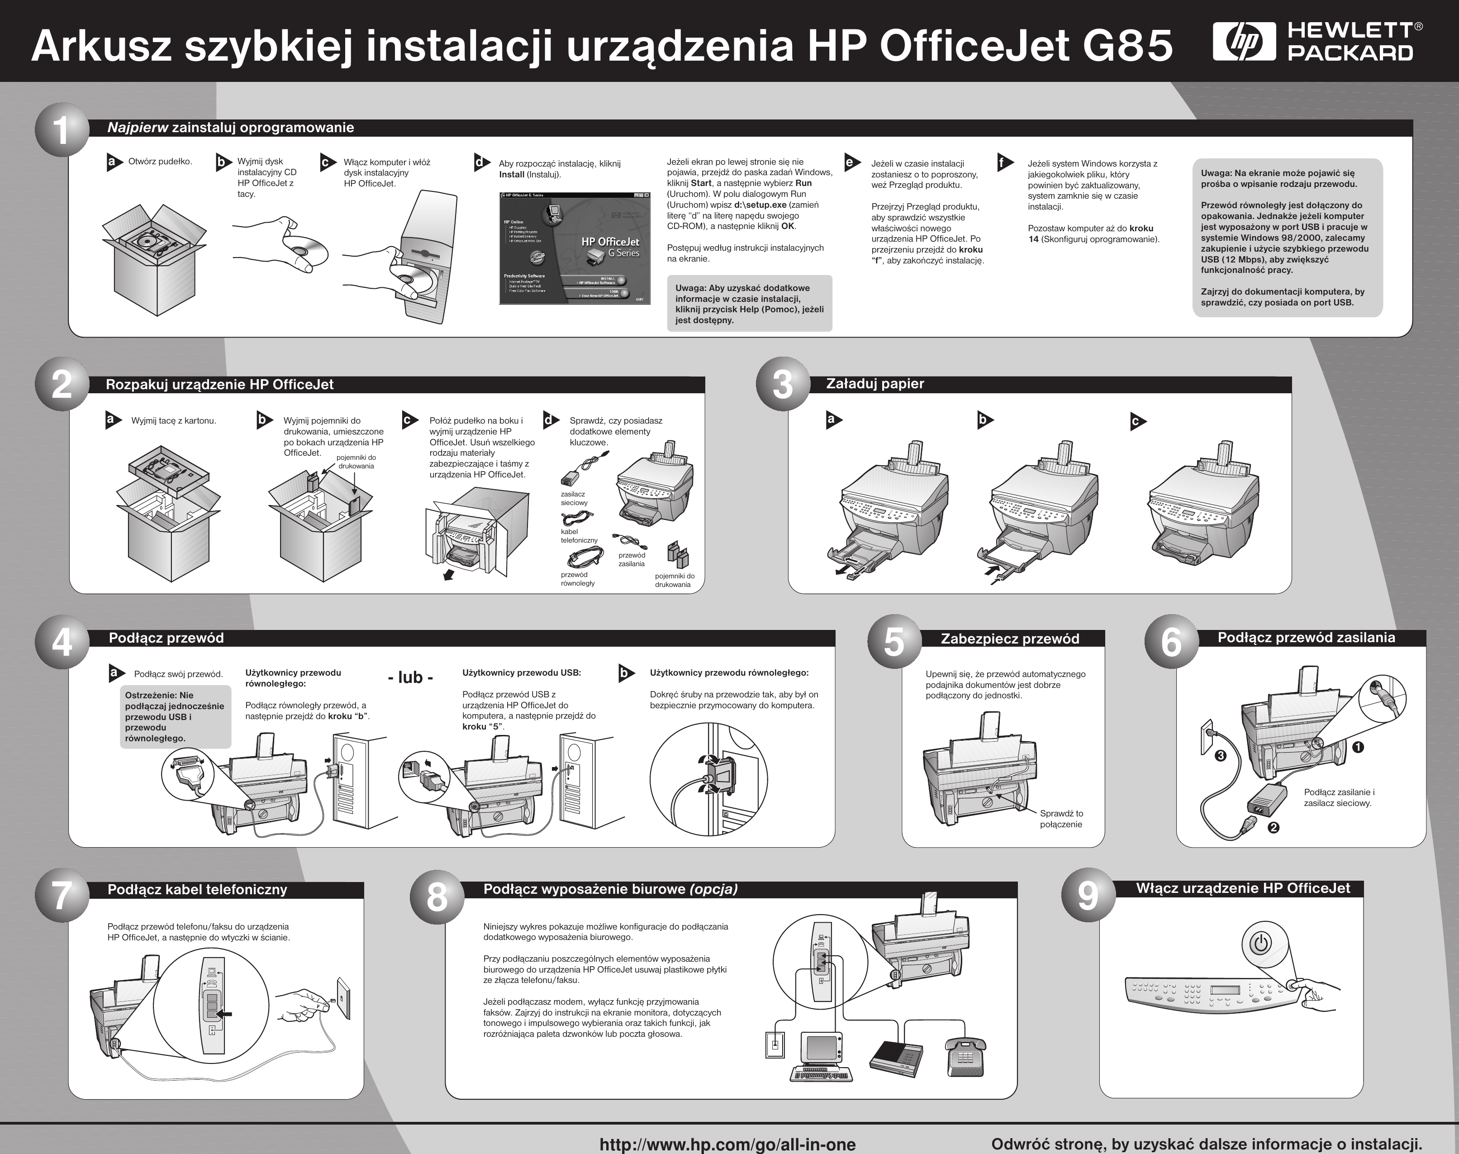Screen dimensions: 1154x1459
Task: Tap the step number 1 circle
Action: tap(62, 130)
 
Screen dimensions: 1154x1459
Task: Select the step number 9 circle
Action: tap(1088, 895)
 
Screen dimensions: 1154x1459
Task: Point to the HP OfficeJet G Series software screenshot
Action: tap(574, 248)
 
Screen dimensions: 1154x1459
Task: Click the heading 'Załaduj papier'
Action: tap(875, 384)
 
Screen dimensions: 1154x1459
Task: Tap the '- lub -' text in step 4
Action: tap(410, 677)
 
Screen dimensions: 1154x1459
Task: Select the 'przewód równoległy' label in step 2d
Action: tap(578, 579)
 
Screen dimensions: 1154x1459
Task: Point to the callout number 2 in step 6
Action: tap(1273, 827)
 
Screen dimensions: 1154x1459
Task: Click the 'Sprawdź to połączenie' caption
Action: tap(1061, 819)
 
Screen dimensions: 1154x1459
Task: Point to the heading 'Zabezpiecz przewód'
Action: tap(1010, 639)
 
